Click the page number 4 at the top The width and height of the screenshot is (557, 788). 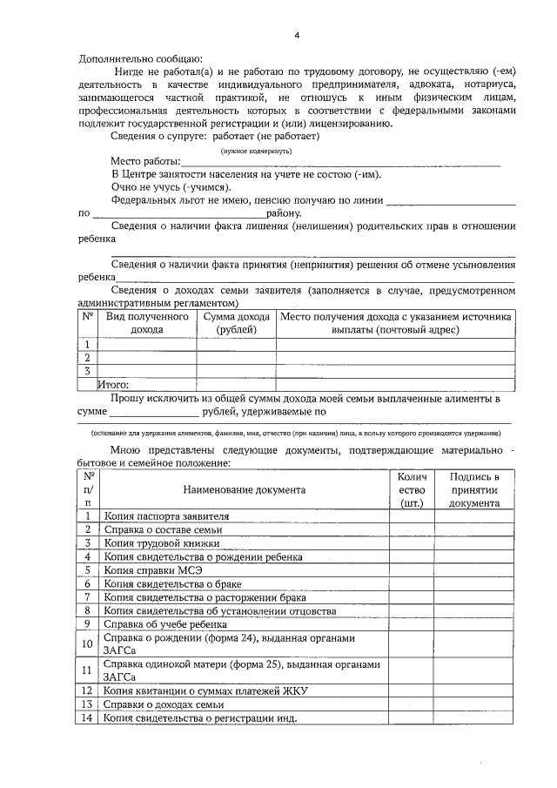click(x=296, y=35)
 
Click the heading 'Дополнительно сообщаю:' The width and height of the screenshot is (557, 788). click(x=140, y=57)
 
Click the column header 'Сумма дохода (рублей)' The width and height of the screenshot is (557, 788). click(x=236, y=323)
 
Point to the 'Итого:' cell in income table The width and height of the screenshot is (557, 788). click(x=114, y=383)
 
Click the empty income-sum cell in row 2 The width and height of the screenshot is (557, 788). click(x=236, y=357)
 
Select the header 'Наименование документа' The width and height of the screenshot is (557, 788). click(x=245, y=489)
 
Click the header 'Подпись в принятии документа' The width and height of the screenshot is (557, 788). click(x=474, y=489)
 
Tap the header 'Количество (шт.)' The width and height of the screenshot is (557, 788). click(x=411, y=489)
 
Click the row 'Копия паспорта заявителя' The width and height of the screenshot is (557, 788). click(x=166, y=515)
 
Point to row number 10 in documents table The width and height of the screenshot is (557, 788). click(x=87, y=644)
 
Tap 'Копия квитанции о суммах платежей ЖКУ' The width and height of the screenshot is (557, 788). click(x=205, y=691)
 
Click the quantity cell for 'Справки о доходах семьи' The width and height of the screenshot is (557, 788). click(x=411, y=704)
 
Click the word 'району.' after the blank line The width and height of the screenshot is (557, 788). click(x=285, y=212)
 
